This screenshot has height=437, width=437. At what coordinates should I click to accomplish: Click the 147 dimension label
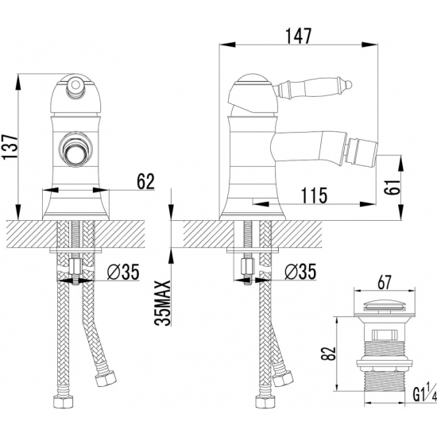298,37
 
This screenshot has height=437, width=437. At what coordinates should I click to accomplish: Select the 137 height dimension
10,147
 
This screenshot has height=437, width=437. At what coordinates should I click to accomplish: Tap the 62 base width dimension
145,181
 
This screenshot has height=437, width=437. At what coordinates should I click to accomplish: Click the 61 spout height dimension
392,187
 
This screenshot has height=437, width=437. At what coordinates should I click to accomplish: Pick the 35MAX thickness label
162,303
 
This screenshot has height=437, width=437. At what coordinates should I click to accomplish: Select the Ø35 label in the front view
123,272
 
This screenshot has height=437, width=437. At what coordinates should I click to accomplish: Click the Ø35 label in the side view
300,271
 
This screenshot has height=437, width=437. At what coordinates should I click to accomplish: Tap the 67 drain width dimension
385,283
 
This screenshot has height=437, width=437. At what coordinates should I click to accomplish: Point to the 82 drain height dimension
327,354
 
